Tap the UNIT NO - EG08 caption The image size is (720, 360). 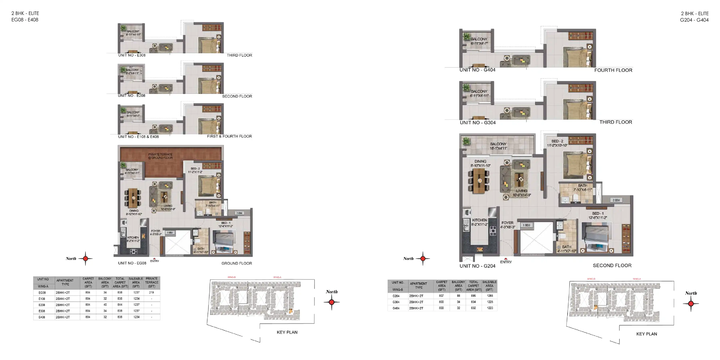pyautogui.click(x=132, y=263)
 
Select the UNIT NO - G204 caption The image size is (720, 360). pyautogui.click(x=477, y=266)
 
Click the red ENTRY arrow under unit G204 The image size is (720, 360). pyautogui.click(x=506, y=259)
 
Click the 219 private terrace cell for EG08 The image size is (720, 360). pyautogui.click(x=151, y=292)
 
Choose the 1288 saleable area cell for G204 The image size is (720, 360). pyautogui.click(x=490, y=296)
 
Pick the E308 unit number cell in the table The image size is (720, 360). pyautogui.click(x=42, y=311)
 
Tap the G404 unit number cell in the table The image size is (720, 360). pyautogui.click(x=396, y=308)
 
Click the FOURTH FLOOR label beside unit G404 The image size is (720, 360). pyautogui.click(x=613, y=70)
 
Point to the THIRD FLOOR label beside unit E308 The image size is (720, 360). pyautogui.click(x=239, y=55)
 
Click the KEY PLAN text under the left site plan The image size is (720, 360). pyautogui.click(x=287, y=332)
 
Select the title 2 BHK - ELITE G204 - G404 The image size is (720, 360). pyautogui.click(x=694, y=16)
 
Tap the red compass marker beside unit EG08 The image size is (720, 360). pyautogui.click(x=86, y=259)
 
